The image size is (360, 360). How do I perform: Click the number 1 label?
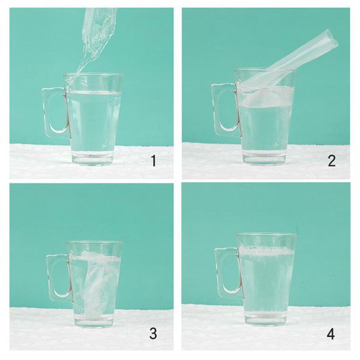154,161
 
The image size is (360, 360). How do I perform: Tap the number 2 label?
332,161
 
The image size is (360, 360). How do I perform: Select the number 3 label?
153,334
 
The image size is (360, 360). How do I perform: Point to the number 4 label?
330,334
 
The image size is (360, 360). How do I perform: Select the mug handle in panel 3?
49,278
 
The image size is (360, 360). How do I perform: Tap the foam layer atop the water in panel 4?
266,251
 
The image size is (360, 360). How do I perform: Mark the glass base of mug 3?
94,321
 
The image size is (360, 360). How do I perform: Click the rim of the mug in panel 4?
267,235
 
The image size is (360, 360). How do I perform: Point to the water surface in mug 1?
94,93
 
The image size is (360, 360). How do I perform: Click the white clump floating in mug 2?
264,98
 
